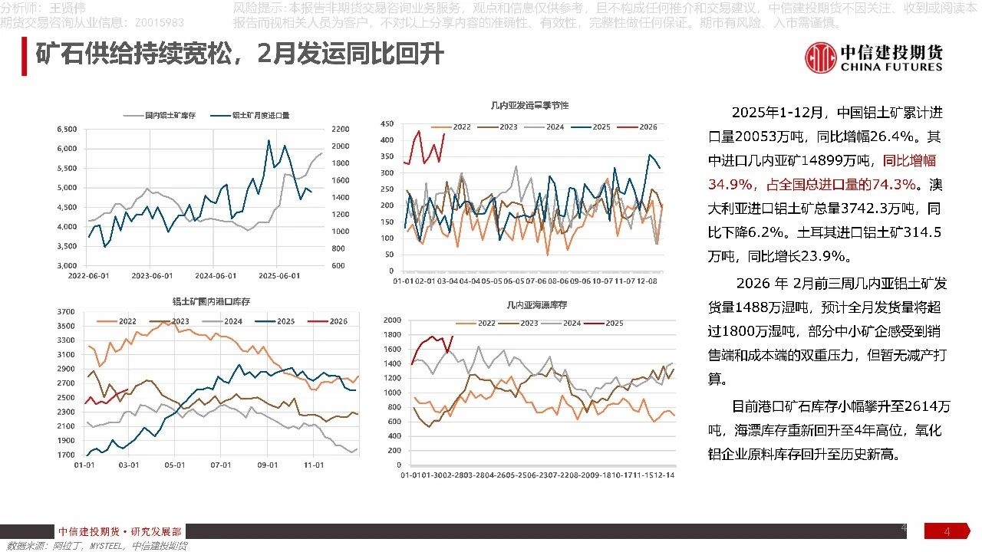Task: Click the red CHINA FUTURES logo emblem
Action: [x=820, y=58]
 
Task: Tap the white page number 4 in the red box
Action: [x=947, y=532]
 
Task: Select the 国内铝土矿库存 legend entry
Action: [x=171, y=115]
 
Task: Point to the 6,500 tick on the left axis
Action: [x=68, y=129]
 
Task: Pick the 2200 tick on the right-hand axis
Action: [x=341, y=129]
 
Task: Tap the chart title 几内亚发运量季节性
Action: [x=529, y=104]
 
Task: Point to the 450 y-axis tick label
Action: [x=387, y=123]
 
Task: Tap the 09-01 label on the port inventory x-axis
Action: [x=267, y=465]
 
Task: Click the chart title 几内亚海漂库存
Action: [x=537, y=305]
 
